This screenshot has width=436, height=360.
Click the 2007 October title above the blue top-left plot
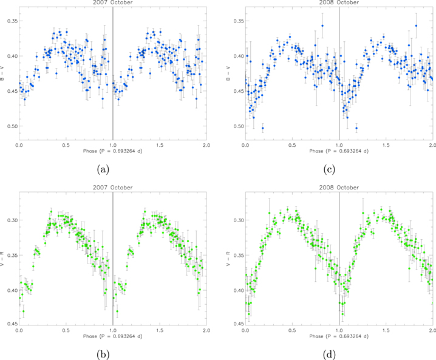[x=113, y=3]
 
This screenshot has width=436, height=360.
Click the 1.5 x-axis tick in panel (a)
[x=160, y=146]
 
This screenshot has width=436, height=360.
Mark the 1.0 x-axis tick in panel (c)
[x=339, y=146]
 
